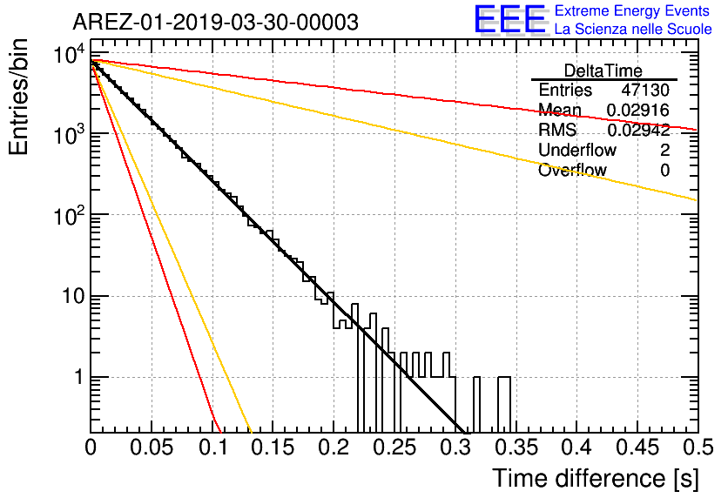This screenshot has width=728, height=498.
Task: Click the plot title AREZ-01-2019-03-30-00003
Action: [215, 22]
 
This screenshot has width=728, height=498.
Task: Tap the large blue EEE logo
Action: [510, 19]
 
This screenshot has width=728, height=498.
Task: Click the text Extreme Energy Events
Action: [632, 10]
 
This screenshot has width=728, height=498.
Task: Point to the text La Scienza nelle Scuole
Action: [633, 29]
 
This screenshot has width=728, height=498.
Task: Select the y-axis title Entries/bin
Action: [18, 98]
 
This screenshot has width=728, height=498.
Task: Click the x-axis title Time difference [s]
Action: [596, 478]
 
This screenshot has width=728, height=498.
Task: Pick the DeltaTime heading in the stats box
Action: [603, 71]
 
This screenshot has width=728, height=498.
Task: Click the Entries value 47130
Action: [645, 90]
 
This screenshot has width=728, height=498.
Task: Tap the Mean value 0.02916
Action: [638, 110]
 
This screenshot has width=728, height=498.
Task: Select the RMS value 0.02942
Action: [638, 130]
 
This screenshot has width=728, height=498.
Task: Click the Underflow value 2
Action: [664, 150]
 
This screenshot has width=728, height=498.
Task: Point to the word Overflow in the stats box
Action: [572, 170]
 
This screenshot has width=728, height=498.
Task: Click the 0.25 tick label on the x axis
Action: [394, 448]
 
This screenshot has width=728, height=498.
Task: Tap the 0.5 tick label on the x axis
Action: [698, 448]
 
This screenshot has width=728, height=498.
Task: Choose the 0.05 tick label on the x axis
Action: [152, 448]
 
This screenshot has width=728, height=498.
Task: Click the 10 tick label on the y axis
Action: [74, 296]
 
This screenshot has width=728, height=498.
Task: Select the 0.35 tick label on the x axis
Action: [516, 448]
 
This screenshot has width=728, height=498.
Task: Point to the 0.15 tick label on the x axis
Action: [273, 448]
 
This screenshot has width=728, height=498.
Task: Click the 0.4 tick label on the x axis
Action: [576, 448]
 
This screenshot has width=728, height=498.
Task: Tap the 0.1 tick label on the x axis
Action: [212, 448]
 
